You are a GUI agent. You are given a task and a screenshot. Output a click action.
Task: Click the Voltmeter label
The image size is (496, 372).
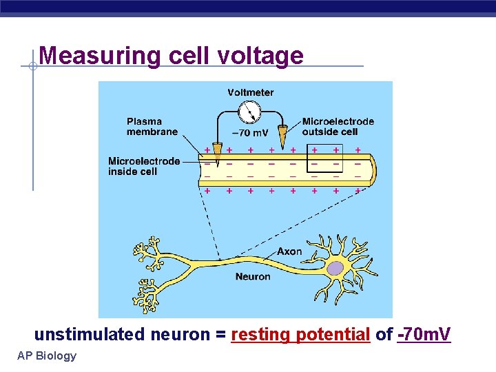[251, 92]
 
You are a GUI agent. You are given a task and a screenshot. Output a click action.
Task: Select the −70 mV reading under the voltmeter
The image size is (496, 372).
[250, 133]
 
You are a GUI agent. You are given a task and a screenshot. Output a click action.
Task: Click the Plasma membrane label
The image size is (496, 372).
[152, 127]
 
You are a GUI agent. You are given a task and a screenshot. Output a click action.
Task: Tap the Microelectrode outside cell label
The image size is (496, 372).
[338, 126]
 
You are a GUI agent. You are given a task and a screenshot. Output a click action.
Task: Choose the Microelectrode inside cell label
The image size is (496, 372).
[144, 166]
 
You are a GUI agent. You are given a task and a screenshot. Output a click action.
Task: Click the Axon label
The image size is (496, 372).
[289, 251]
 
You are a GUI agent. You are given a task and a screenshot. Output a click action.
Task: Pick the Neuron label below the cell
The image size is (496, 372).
[253, 277]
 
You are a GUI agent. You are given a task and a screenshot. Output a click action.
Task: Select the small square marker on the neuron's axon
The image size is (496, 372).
[219, 260]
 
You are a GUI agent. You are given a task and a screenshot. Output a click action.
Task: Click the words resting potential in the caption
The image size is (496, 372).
[301, 335]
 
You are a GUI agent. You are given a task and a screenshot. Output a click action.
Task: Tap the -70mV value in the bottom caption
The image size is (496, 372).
[424, 335]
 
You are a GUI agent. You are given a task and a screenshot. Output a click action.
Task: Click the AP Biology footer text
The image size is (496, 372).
[48, 355]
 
